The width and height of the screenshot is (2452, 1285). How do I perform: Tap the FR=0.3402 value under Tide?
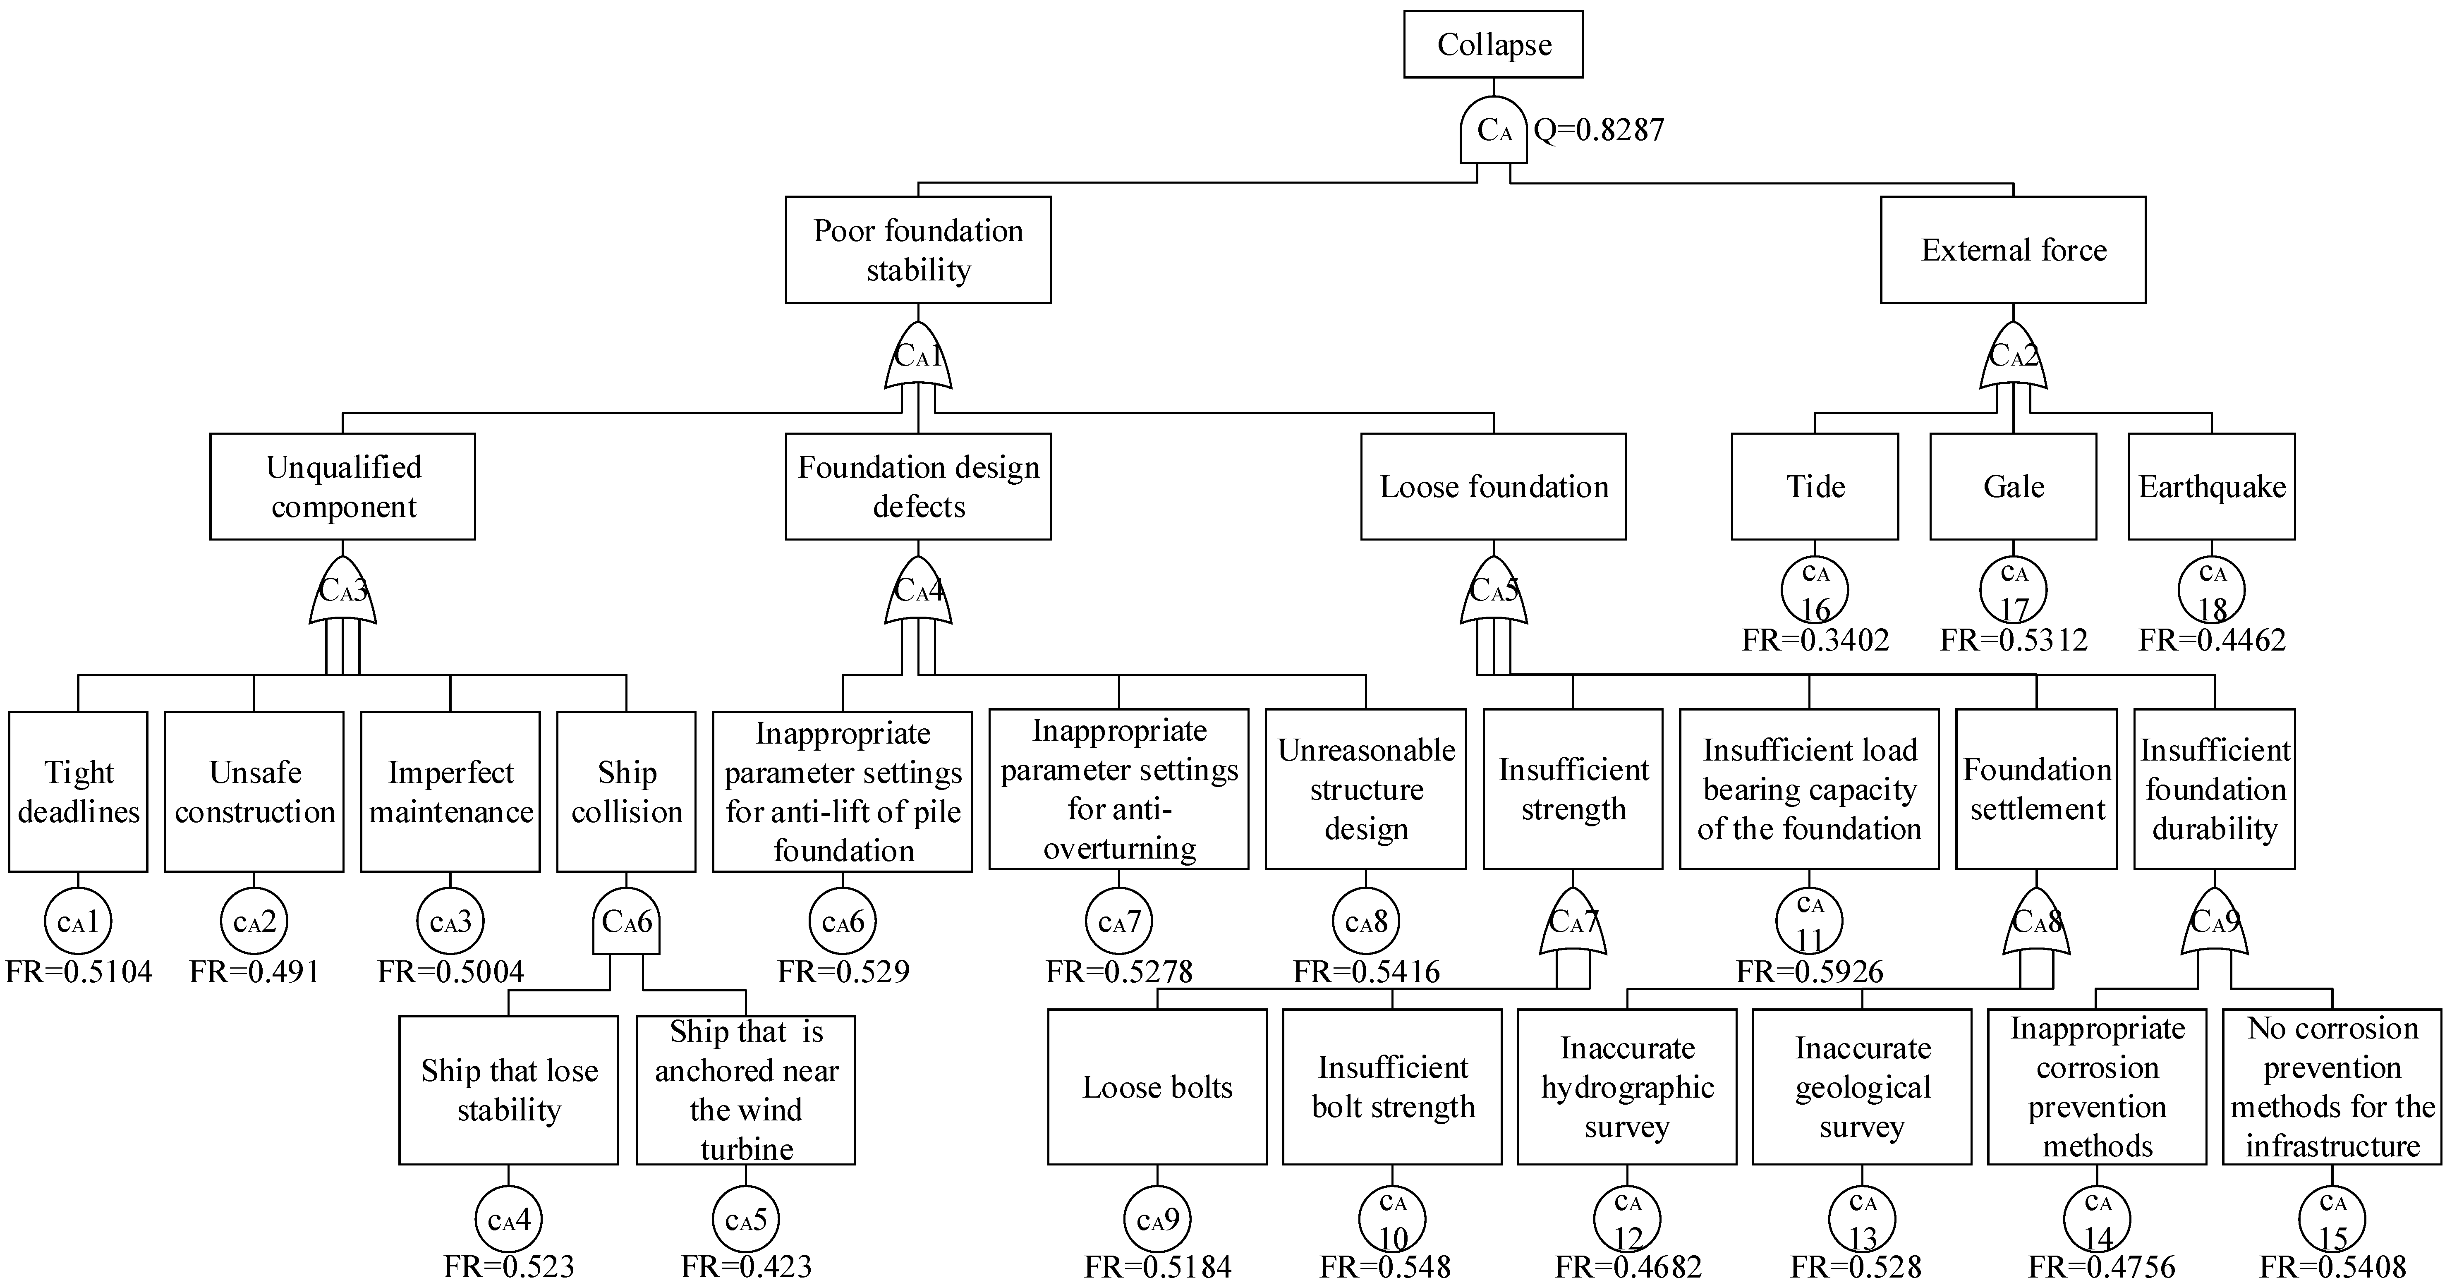1814,640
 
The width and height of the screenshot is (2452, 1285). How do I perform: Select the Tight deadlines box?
78,791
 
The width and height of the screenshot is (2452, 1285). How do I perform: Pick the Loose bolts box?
1157,1086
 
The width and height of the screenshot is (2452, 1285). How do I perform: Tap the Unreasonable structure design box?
1365,789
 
